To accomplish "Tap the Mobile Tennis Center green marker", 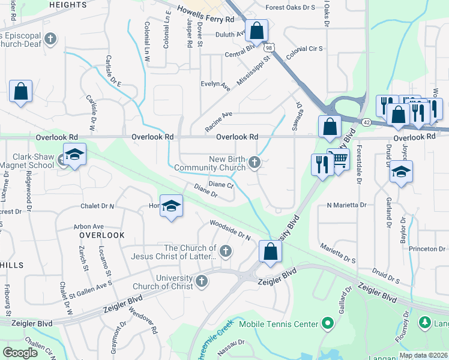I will tap(328, 325).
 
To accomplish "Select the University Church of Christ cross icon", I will tap(202, 280).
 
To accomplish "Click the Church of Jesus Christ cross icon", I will tap(226, 251).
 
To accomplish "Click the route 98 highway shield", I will tap(270, 47).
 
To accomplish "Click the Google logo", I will tap(20, 353).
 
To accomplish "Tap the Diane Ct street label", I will tap(221, 185).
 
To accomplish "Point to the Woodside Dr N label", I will tap(230, 229).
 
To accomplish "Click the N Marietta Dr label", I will tap(346, 205).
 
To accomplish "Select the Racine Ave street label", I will tap(218, 121).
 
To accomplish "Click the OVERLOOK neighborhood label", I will tap(101, 235).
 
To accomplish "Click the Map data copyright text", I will tap(423, 355).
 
